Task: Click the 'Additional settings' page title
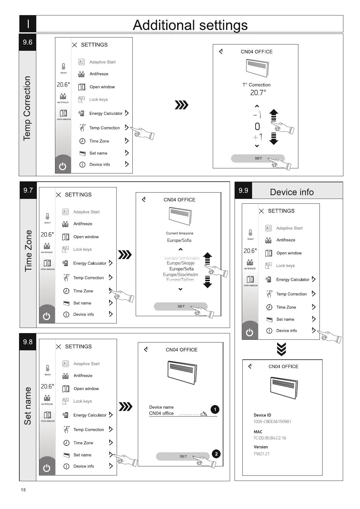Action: pos(190,25)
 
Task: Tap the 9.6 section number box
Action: pos(28,42)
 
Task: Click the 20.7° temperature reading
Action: pos(258,93)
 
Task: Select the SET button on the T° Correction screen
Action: pos(258,158)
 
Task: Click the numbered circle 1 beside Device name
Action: pos(215,410)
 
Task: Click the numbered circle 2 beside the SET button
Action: pos(216,454)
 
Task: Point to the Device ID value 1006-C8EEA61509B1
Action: pos(272,422)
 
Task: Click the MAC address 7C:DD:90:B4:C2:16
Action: pos(270,438)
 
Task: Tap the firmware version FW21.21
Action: pos(261,454)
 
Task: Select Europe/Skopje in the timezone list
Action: pos(180,263)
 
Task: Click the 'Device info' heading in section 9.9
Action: pos(292,192)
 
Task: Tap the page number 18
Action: pos(23,490)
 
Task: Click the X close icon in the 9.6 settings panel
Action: pos(75,45)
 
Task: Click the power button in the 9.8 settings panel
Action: pos(47,468)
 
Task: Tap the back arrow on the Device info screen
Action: pos(250,366)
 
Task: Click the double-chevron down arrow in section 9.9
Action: pos(281,349)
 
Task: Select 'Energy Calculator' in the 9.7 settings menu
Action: pos(89,263)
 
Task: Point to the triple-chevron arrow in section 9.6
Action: pos(182,105)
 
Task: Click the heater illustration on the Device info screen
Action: pos(283,388)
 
